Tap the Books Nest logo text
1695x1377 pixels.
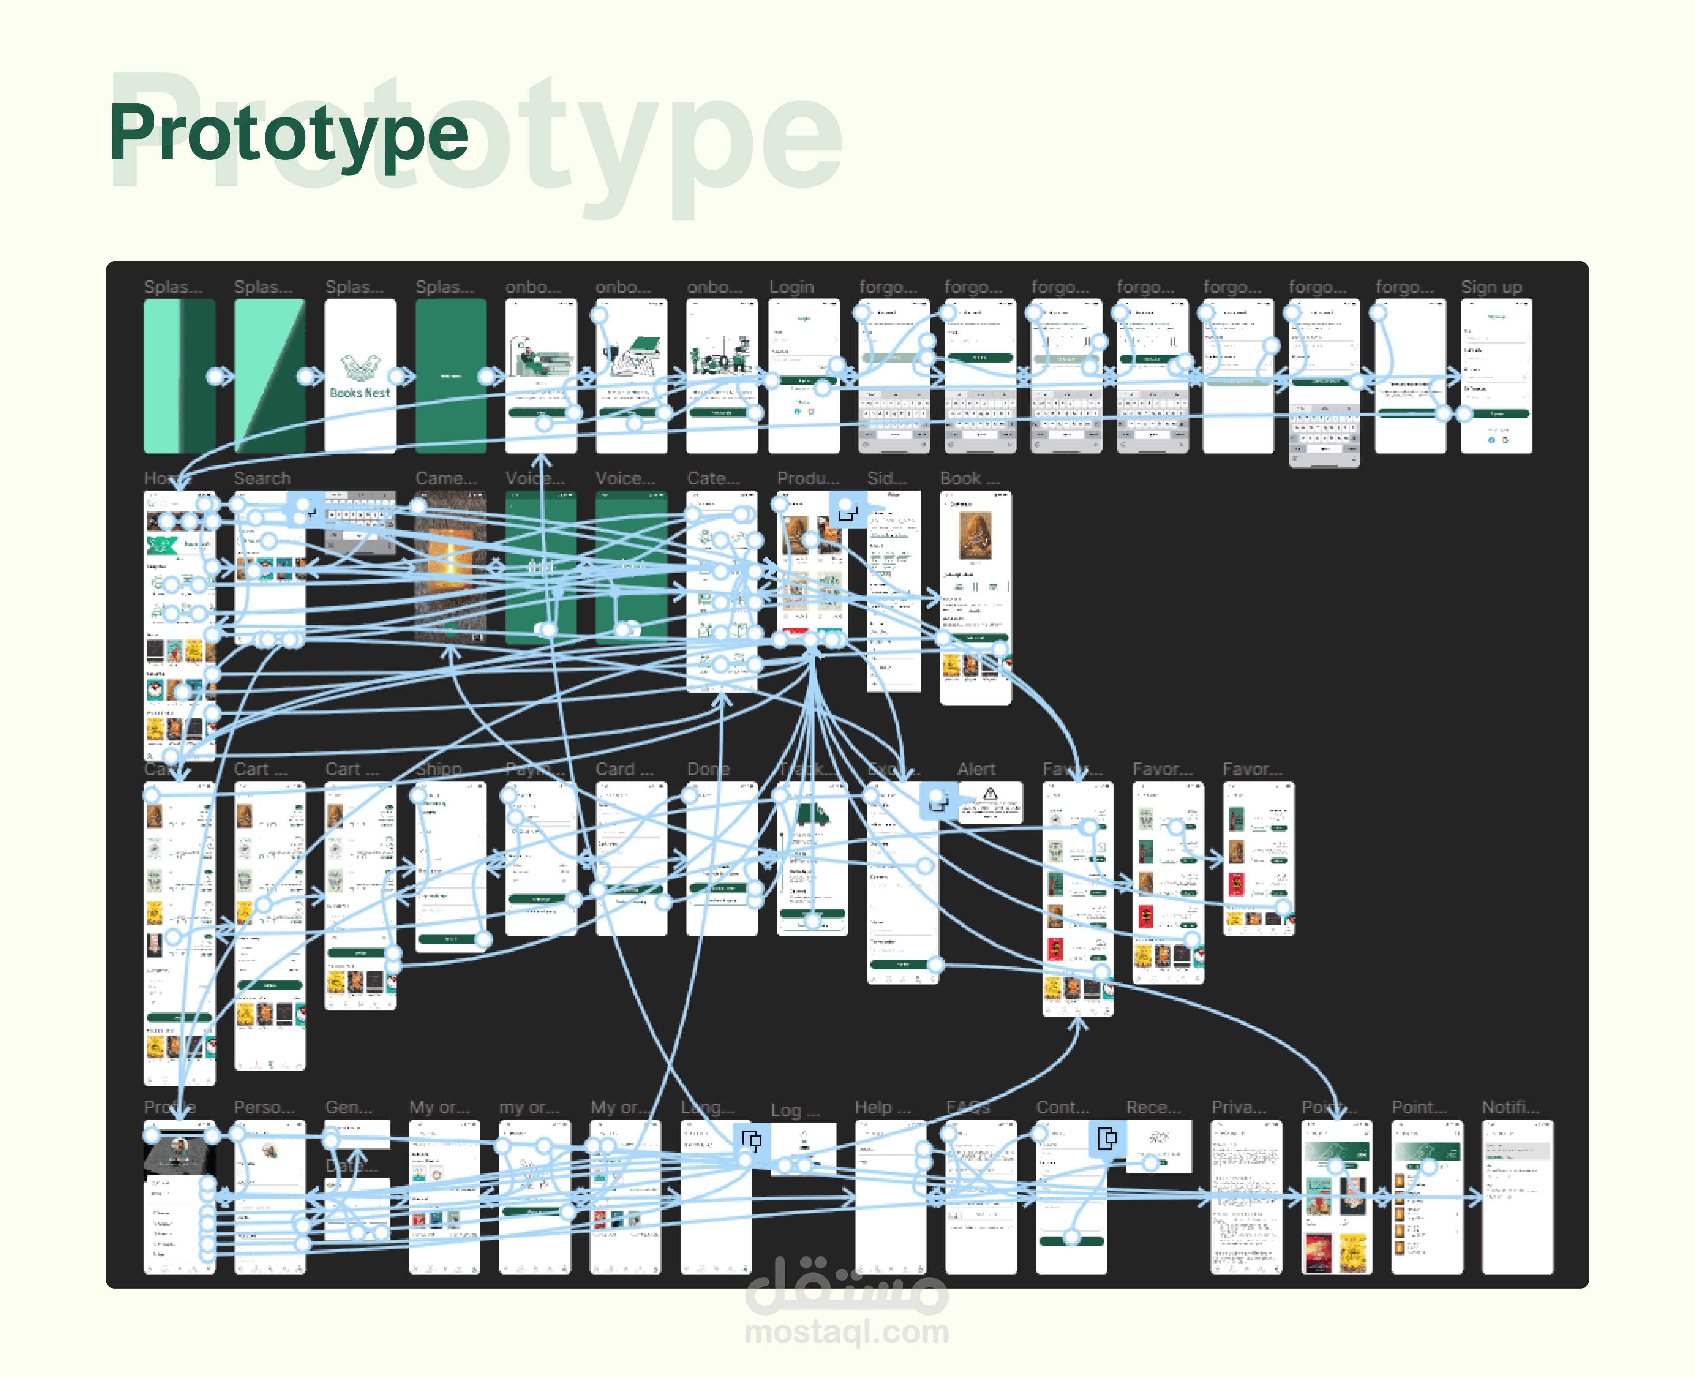[x=360, y=393]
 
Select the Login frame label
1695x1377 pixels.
[x=791, y=287]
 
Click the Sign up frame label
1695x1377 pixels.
[x=1491, y=287]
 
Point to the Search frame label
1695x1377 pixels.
[x=262, y=478]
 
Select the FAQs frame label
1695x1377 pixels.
[x=968, y=1107]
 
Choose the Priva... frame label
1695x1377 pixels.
[x=1238, y=1107]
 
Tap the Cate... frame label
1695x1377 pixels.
[x=713, y=478]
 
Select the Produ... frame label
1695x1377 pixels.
[x=807, y=478]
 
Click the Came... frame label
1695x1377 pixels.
[x=445, y=478]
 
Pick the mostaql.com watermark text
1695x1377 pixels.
[x=847, y=1332]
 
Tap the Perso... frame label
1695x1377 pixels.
[x=264, y=1107]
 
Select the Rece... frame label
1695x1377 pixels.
[x=1153, y=1107]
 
